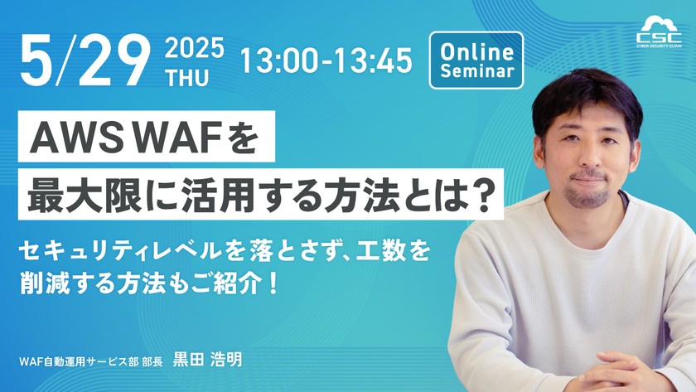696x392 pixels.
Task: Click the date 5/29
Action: pos(85,60)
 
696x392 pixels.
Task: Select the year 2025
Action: pos(195,48)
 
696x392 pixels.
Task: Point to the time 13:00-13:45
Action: pos(326,60)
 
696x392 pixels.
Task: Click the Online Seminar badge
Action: pos(476,60)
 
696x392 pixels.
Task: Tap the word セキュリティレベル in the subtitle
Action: pos(119,252)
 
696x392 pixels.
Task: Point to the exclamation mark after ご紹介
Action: pos(273,284)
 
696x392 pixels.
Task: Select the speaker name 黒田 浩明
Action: pos(208,360)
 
